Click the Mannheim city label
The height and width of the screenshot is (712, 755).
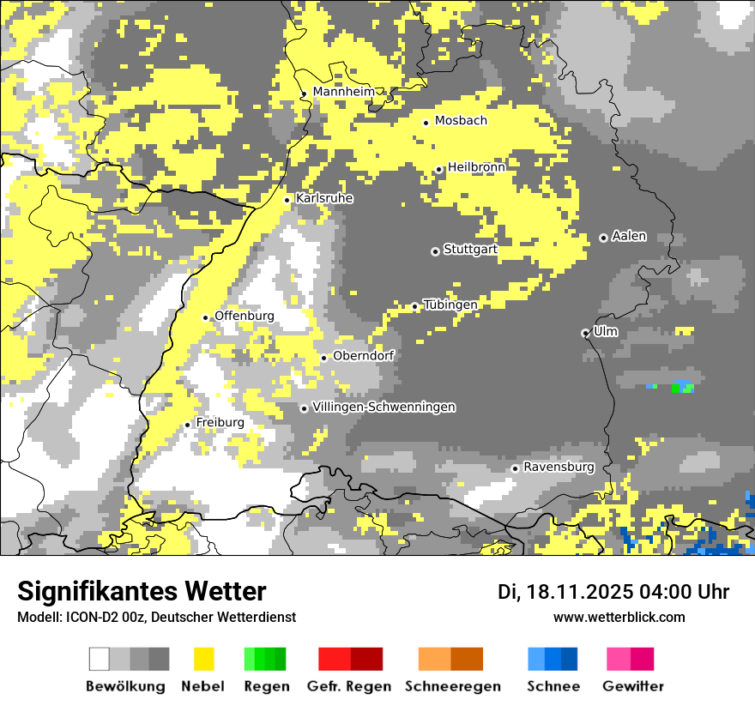(343, 92)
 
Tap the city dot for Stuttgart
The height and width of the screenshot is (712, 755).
(435, 251)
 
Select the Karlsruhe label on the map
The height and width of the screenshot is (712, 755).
(323, 198)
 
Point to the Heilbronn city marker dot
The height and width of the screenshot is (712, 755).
(438, 170)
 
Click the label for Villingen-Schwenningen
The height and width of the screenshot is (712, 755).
(384, 407)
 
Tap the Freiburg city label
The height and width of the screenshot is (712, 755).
(220, 423)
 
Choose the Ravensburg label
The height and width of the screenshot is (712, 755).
(559, 468)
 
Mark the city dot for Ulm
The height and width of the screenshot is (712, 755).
(585, 333)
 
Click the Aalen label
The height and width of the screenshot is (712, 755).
(629, 237)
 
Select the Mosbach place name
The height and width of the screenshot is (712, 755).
(461, 121)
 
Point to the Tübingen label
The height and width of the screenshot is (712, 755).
(450, 305)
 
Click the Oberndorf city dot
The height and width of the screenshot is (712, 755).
(323, 358)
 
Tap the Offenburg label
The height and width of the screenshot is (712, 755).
(244, 316)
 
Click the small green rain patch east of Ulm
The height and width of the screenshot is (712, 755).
(684, 388)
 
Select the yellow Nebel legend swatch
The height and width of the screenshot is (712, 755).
(203, 659)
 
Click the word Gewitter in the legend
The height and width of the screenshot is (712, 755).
(632, 686)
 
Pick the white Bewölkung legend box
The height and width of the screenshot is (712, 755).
(100, 659)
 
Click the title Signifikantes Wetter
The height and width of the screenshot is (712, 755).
(142, 592)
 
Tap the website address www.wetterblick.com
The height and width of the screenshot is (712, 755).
(619, 618)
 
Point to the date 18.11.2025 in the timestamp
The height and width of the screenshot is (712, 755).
(579, 592)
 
